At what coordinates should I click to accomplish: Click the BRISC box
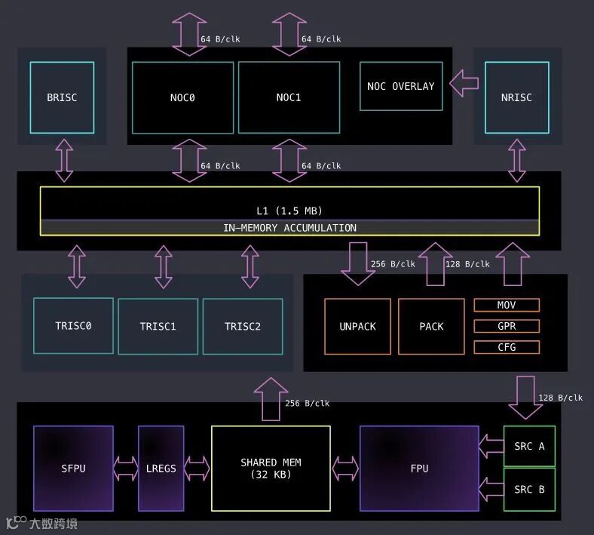coord(62,97)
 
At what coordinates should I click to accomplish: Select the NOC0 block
coord(182,97)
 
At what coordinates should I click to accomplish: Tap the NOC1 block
coord(289,97)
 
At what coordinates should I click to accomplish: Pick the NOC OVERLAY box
coord(400,86)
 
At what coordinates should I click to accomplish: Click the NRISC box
coord(516,97)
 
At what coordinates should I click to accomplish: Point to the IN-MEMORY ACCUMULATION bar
coord(289,228)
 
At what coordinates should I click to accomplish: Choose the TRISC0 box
coord(73,326)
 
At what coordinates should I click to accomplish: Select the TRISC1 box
coord(158,326)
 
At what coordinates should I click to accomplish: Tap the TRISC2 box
coord(242,326)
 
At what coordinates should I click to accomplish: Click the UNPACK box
coord(357,326)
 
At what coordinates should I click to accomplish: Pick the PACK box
coord(431,326)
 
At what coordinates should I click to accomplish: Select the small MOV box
coord(507,306)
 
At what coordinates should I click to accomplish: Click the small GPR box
coord(507,326)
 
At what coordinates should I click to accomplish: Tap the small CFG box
coord(507,347)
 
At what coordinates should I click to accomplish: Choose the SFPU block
coord(73,468)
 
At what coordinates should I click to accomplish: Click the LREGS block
coord(161,468)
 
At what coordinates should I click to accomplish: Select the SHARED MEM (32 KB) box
coord(271,468)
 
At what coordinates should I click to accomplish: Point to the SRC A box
coord(529,446)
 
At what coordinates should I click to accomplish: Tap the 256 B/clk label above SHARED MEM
coord(307,404)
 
